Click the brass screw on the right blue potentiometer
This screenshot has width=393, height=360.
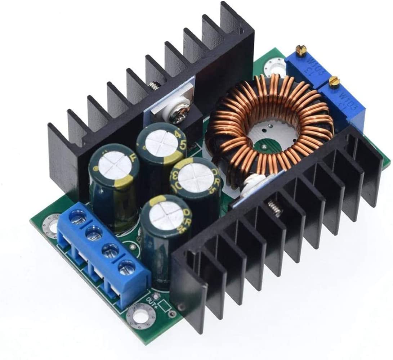334,82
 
